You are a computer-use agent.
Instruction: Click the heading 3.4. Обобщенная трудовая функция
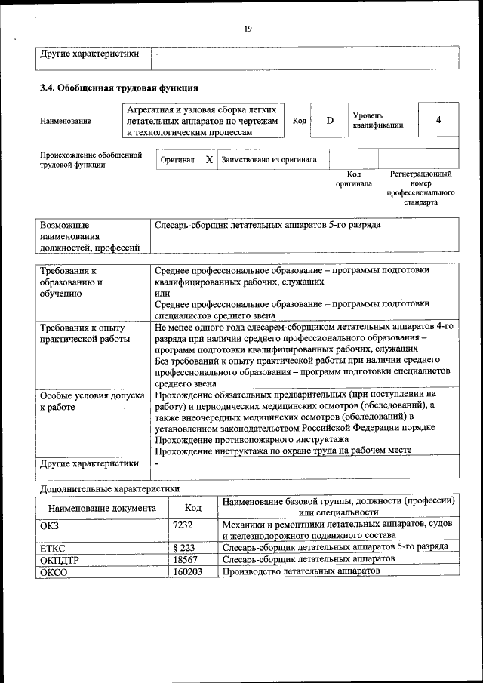119,88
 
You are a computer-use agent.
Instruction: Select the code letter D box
329,121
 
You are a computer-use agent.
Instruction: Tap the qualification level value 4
438,120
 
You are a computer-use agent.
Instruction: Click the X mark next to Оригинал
209,160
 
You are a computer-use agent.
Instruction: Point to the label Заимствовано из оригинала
269,160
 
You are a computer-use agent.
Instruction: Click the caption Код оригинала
353,179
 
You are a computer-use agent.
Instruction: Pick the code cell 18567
185,559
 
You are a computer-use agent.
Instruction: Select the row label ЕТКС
51,546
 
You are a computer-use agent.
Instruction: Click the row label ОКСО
53,572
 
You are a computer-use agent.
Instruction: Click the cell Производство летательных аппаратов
301,572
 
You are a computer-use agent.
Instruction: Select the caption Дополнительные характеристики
109,489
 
